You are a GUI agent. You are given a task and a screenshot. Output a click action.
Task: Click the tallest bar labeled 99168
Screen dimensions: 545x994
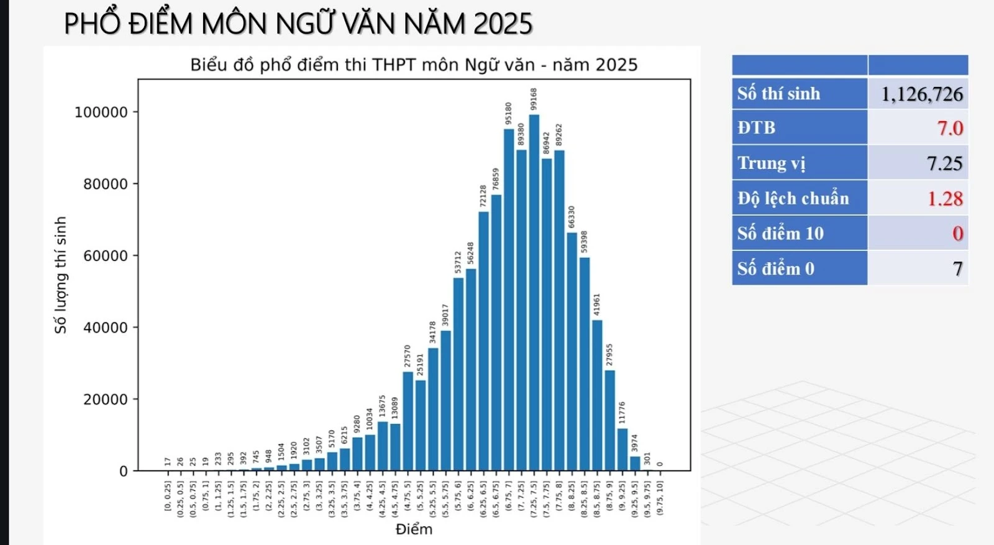coord(534,292)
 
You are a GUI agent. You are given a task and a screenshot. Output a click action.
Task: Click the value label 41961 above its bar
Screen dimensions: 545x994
coord(597,305)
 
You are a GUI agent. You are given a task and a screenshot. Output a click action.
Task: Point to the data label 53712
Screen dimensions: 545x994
coord(458,262)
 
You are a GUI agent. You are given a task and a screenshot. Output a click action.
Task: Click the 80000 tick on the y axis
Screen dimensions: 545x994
coord(105,184)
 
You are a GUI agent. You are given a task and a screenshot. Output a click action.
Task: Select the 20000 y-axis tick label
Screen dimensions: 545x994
coord(105,400)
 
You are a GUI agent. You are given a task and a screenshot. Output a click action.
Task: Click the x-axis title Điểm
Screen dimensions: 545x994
coord(414,529)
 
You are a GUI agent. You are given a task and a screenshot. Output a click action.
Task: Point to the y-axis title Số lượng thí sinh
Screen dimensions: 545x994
coord(60,275)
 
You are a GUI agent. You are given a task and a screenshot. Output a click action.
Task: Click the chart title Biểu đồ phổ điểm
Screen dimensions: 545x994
coord(414,65)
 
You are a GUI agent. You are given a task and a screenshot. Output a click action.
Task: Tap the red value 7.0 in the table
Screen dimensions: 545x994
coord(949,128)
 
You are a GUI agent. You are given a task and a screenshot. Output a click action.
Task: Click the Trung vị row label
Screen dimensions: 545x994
coord(771,163)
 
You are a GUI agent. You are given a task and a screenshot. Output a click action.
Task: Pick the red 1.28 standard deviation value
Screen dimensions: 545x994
coord(944,199)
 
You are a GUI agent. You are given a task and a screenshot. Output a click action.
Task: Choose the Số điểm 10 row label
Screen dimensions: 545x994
coord(780,234)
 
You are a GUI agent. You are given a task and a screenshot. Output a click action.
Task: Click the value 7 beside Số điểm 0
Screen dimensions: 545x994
coord(957,269)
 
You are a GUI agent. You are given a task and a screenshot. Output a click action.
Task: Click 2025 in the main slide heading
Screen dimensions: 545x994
coord(503,24)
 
